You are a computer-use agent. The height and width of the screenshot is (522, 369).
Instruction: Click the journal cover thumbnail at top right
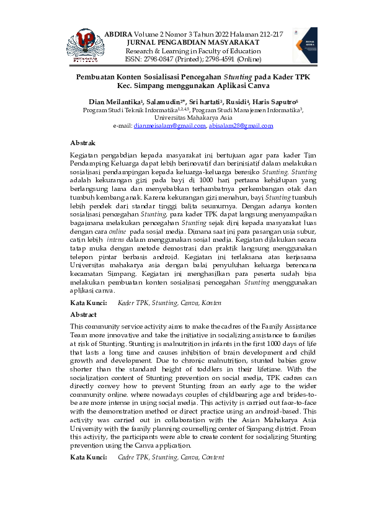pyautogui.click(x=305, y=45)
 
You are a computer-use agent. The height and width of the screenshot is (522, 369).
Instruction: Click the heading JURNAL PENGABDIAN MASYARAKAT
pyautogui.click(x=193, y=41)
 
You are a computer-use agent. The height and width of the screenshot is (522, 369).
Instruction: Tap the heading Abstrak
pyautogui.click(x=83, y=143)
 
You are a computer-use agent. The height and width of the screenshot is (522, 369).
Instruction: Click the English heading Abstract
pyautogui.click(x=84, y=314)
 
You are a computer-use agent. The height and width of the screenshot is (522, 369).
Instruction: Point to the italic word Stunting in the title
pyautogui.click(x=229, y=76)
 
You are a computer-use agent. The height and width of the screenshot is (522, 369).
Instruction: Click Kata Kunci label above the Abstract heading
pyautogui.click(x=86, y=303)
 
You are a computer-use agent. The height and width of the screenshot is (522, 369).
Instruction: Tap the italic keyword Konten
pyautogui.click(x=211, y=303)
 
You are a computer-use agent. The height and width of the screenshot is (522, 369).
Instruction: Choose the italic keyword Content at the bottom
pyautogui.click(x=211, y=458)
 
